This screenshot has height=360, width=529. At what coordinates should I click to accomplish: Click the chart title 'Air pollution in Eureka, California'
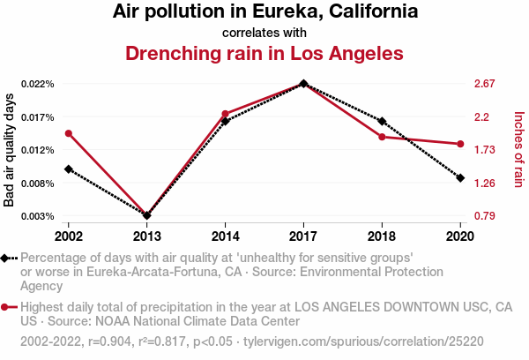(x=264, y=12)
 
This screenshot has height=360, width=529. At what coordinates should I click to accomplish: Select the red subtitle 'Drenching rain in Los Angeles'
(x=264, y=53)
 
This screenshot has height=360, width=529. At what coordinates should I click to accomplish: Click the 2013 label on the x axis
(x=147, y=236)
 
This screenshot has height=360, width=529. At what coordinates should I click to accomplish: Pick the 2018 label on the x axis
(x=382, y=236)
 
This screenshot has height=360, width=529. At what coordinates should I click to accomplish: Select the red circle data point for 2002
(x=69, y=133)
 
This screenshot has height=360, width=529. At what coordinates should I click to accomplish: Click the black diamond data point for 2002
(x=69, y=169)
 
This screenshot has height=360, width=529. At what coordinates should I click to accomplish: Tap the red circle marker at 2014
(x=226, y=114)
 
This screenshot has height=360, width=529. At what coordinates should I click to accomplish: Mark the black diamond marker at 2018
(x=382, y=121)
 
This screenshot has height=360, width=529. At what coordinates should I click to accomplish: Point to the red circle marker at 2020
(x=460, y=144)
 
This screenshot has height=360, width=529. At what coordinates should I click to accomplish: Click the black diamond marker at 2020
(x=460, y=177)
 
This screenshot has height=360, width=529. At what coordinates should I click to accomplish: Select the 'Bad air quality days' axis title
(x=10, y=150)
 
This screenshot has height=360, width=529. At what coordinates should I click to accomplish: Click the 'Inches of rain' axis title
(x=518, y=148)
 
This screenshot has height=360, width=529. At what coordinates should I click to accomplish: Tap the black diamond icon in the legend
(x=7, y=258)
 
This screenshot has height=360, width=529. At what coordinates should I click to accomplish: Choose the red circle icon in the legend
(x=7, y=307)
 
